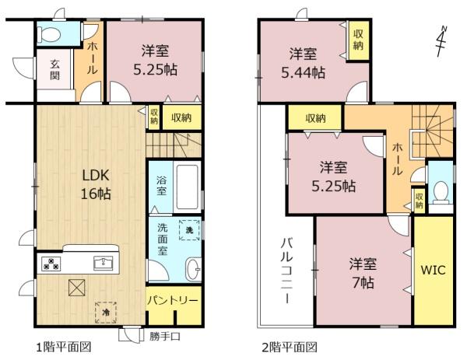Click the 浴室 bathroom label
click(x=161, y=185)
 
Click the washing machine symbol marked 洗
click(x=188, y=230)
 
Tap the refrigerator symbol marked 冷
click(x=105, y=312)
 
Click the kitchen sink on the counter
click(x=103, y=263)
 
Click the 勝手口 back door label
click(x=165, y=336)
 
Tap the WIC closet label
click(x=434, y=271)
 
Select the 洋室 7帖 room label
click(x=361, y=273)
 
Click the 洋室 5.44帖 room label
click(x=302, y=63)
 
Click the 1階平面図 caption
click(x=63, y=347)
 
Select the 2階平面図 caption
click(x=290, y=347)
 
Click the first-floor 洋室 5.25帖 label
click(x=155, y=59)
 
